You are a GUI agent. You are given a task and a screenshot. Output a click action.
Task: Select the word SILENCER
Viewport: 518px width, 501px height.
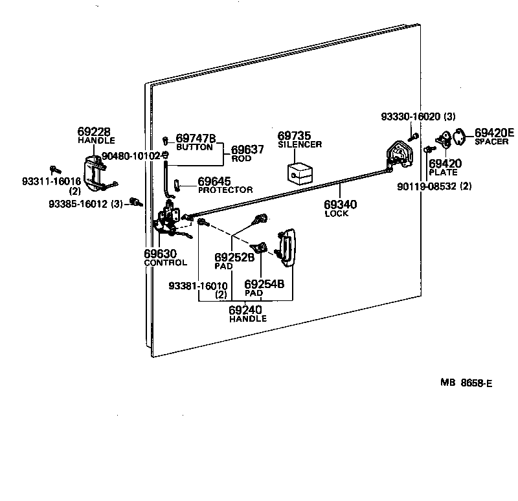pyautogui.click(x=300, y=144)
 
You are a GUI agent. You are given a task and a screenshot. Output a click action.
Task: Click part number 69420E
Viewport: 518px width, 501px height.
pyautogui.click(x=494, y=133)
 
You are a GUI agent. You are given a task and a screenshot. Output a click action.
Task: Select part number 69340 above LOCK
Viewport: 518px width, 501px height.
pyautogui.click(x=337, y=205)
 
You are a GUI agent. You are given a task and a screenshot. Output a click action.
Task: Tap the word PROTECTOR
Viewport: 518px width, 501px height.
pyautogui.click(x=225, y=190)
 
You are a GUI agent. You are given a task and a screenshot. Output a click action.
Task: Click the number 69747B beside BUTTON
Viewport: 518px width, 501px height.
pyautogui.click(x=196, y=138)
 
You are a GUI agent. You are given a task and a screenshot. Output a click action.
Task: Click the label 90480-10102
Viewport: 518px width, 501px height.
pyautogui.click(x=131, y=156)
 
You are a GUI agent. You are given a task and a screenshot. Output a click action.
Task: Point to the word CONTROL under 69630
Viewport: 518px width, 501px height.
pyautogui.click(x=165, y=262)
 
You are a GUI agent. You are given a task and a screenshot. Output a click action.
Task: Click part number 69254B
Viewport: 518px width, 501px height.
pyautogui.click(x=264, y=284)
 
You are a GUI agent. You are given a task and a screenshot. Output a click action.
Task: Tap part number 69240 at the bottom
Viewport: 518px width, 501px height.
pyautogui.click(x=245, y=310)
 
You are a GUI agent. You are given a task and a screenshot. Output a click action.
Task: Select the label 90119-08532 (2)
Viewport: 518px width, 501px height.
pyautogui.click(x=443, y=186)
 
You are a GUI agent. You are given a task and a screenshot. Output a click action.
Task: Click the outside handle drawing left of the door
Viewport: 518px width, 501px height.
pyautogui.click(x=97, y=173)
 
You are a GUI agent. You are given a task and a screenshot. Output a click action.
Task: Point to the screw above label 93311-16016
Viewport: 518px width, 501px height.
pyautogui.click(x=55, y=170)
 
